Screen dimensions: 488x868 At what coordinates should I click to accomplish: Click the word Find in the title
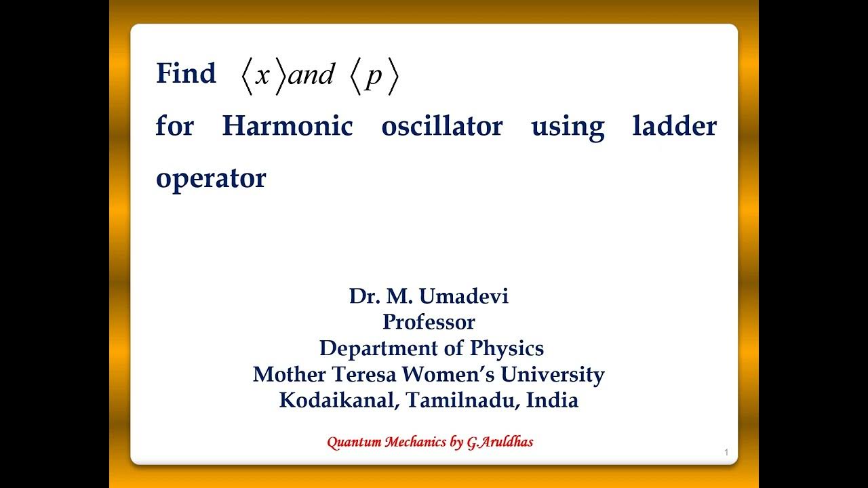186,73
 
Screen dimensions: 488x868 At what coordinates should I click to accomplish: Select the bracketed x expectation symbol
262,76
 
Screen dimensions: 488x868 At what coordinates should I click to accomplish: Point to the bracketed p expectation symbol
374,76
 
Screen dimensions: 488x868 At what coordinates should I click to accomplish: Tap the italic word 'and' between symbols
311,75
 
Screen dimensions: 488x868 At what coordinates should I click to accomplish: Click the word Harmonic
288,126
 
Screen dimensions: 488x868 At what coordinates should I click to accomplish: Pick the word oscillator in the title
442,126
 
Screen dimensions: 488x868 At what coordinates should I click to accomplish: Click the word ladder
674,126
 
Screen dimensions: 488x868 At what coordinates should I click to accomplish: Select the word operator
211,179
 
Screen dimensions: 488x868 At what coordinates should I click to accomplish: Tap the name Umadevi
465,296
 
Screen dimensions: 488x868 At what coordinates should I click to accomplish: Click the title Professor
429,322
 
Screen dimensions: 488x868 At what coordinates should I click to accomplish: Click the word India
552,400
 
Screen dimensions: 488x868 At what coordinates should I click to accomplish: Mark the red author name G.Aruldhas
500,443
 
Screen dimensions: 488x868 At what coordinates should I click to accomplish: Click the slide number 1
726,452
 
